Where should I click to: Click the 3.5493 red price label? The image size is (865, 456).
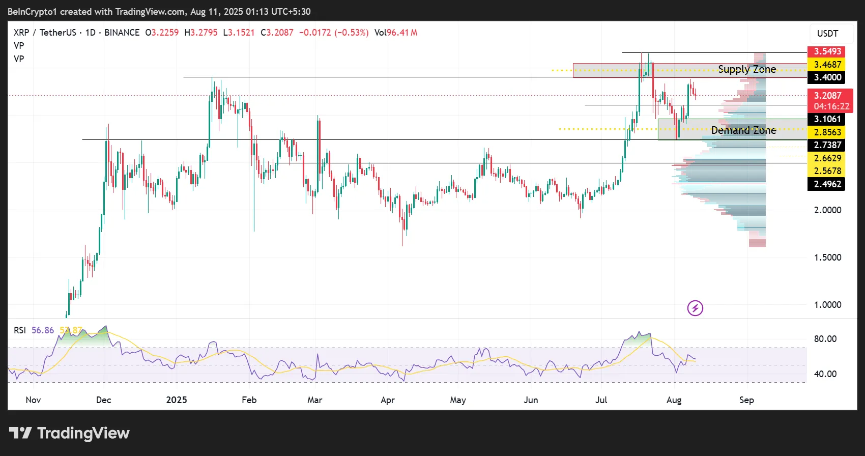[x=827, y=51]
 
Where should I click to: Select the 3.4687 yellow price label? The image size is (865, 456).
[x=827, y=65]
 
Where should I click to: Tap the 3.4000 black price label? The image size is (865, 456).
[x=827, y=77]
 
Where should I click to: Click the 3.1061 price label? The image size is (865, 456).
[x=827, y=119]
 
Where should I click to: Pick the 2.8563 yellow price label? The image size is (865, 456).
[x=827, y=132]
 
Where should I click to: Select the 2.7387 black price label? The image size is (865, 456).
[x=827, y=145]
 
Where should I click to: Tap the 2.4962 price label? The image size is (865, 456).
[x=827, y=184]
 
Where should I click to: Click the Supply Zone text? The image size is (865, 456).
[x=747, y=69]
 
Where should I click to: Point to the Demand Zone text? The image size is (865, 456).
[x=743, y=130]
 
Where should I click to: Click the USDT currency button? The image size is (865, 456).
[x=827, y=34]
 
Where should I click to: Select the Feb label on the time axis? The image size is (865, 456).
[x=249, y=400]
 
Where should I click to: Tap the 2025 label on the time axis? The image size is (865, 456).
[x=177, y=400]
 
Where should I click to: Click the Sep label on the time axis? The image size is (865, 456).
[x=746, y=400]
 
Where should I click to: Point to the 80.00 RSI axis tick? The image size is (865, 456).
[x=825, y=339]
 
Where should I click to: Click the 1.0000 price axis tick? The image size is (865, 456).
[x=828, y=305]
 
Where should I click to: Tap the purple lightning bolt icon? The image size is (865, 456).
[x=695, y=308]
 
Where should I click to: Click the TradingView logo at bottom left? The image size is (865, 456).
[x=70, y=433]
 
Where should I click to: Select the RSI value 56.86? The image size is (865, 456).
[x=43, y=330]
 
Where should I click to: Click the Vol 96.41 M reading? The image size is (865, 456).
[x=396, y=33]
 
